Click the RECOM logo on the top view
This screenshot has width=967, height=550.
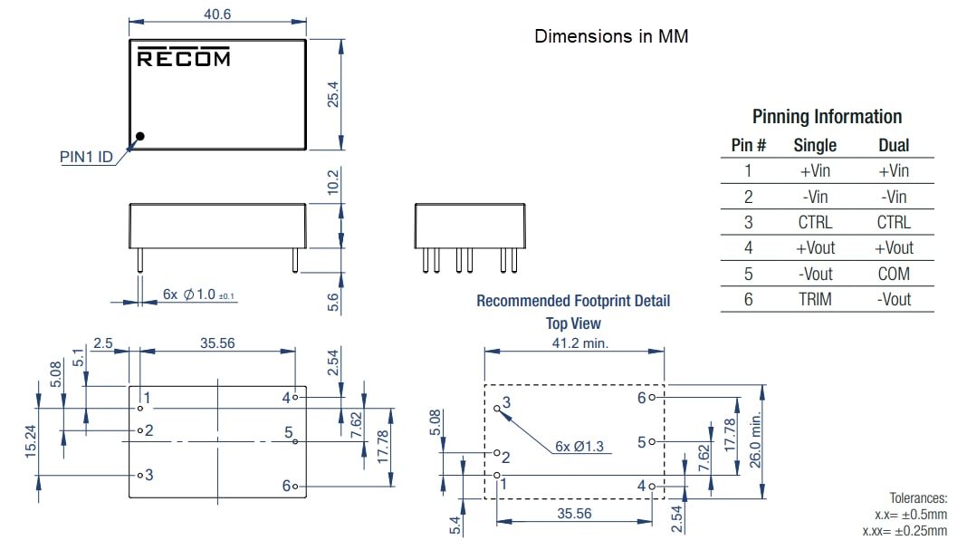[183, 58]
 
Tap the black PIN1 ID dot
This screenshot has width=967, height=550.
[140, 137]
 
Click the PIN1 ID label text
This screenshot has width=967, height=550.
[86, 157]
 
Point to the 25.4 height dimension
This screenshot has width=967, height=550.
[332, 94]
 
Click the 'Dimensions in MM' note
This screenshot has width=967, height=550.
[610, 36]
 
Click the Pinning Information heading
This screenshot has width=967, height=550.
[827, 117]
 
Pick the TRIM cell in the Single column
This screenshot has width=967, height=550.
[815, 299]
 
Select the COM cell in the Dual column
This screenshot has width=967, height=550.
[894, 274]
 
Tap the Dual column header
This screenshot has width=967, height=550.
[894, 145]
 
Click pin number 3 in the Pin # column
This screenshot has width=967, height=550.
[748, 222]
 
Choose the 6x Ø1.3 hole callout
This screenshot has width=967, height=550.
[579, 446]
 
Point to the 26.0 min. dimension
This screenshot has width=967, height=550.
[756, 441]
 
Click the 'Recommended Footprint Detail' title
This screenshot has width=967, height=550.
[573, 301]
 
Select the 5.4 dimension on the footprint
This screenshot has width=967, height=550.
[455, 523]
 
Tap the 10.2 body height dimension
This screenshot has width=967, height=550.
[332, 181]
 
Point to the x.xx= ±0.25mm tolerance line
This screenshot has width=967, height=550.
[905, 530]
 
